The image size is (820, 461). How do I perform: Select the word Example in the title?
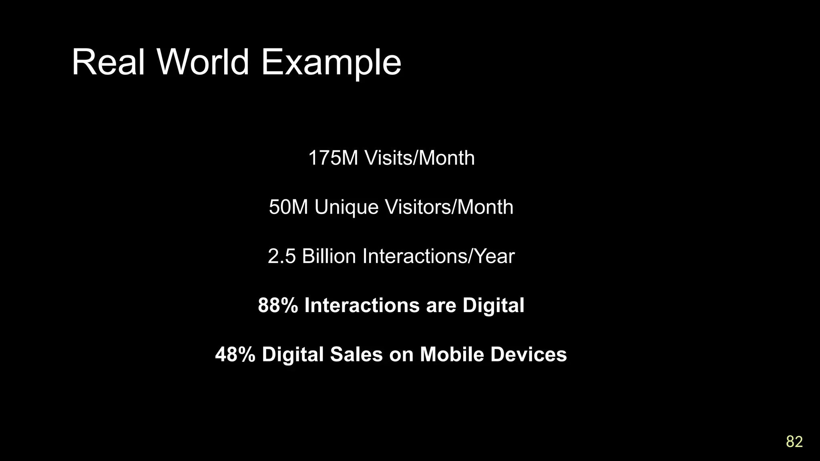(x=331, y=63)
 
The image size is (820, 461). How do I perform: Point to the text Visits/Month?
(x=420, y=158)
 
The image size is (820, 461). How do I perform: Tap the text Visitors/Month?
(x=449, y=207)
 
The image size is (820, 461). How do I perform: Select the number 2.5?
(x=281, y=257)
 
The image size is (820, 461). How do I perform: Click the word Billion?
(x=329, y=257)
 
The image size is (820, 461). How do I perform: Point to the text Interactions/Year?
(x=438, y=257)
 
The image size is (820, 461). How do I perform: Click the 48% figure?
(x=235, y=355)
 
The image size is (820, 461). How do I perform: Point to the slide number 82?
(x=794, y=441)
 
